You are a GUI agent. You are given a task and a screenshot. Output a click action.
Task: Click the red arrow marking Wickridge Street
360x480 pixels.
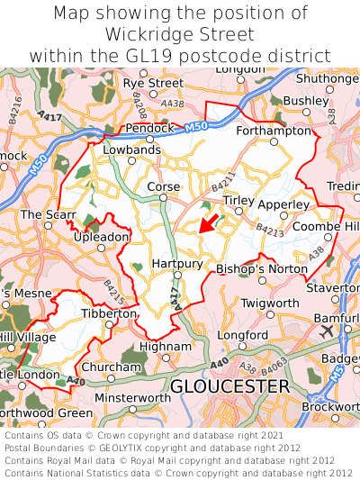pos(208,222)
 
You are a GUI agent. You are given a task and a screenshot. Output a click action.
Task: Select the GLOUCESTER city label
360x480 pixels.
pos(229,385)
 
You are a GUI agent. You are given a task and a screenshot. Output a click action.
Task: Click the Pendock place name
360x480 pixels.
pos(148,128)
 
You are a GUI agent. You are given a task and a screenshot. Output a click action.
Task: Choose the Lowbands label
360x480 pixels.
pos(131,149)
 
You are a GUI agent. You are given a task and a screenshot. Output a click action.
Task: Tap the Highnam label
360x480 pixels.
pos(165,346)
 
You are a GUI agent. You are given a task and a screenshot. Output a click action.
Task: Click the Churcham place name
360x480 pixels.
pos(112,367)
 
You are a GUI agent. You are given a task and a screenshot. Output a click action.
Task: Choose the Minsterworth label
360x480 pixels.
pos(132,397)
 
